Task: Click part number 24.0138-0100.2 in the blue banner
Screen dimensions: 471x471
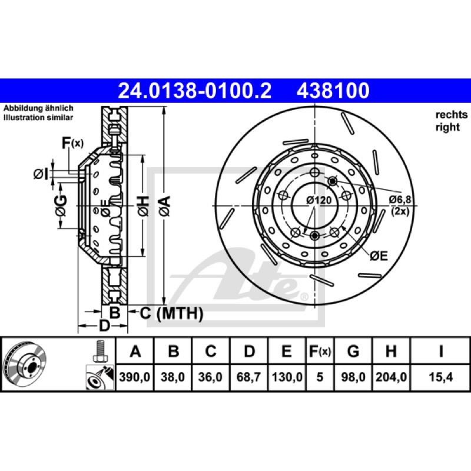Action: (x=195, y=91)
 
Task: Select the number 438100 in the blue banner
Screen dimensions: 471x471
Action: (x=333, y=91)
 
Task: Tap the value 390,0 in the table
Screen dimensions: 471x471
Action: (x=135, y=377)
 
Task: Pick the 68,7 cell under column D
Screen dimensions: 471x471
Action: (x=248, y=377)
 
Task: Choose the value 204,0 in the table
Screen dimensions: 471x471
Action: (x=391, y=377)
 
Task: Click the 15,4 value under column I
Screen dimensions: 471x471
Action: (x=440, y=377)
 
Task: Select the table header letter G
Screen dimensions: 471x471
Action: (x=353, y=351)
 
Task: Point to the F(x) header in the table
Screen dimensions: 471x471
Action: (x=320, y=351)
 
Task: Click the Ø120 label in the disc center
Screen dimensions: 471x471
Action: (x=319, y=200)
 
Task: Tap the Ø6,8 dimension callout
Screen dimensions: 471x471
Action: (x=400, y=200)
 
